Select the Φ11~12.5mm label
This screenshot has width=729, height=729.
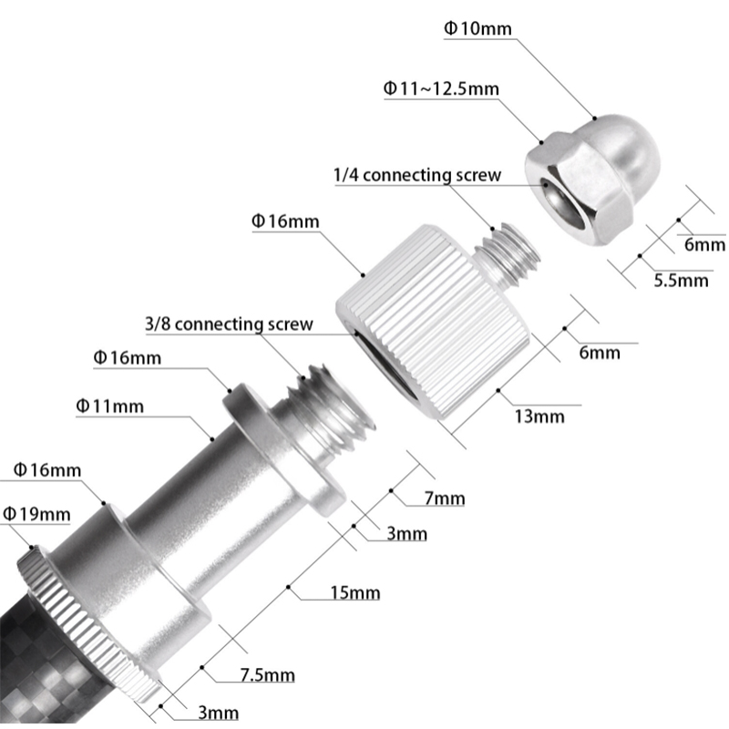pyautogui.click(x=441, y=89)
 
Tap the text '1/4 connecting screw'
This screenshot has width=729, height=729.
pyautogui.click(x=417, y=175)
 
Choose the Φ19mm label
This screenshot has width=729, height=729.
pyautogui.click(x=36, y=514)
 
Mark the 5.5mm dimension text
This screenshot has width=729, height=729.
pyautogui.click(x=681, y=281)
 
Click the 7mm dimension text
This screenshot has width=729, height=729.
pyautogui.click(x=445, y=498)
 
